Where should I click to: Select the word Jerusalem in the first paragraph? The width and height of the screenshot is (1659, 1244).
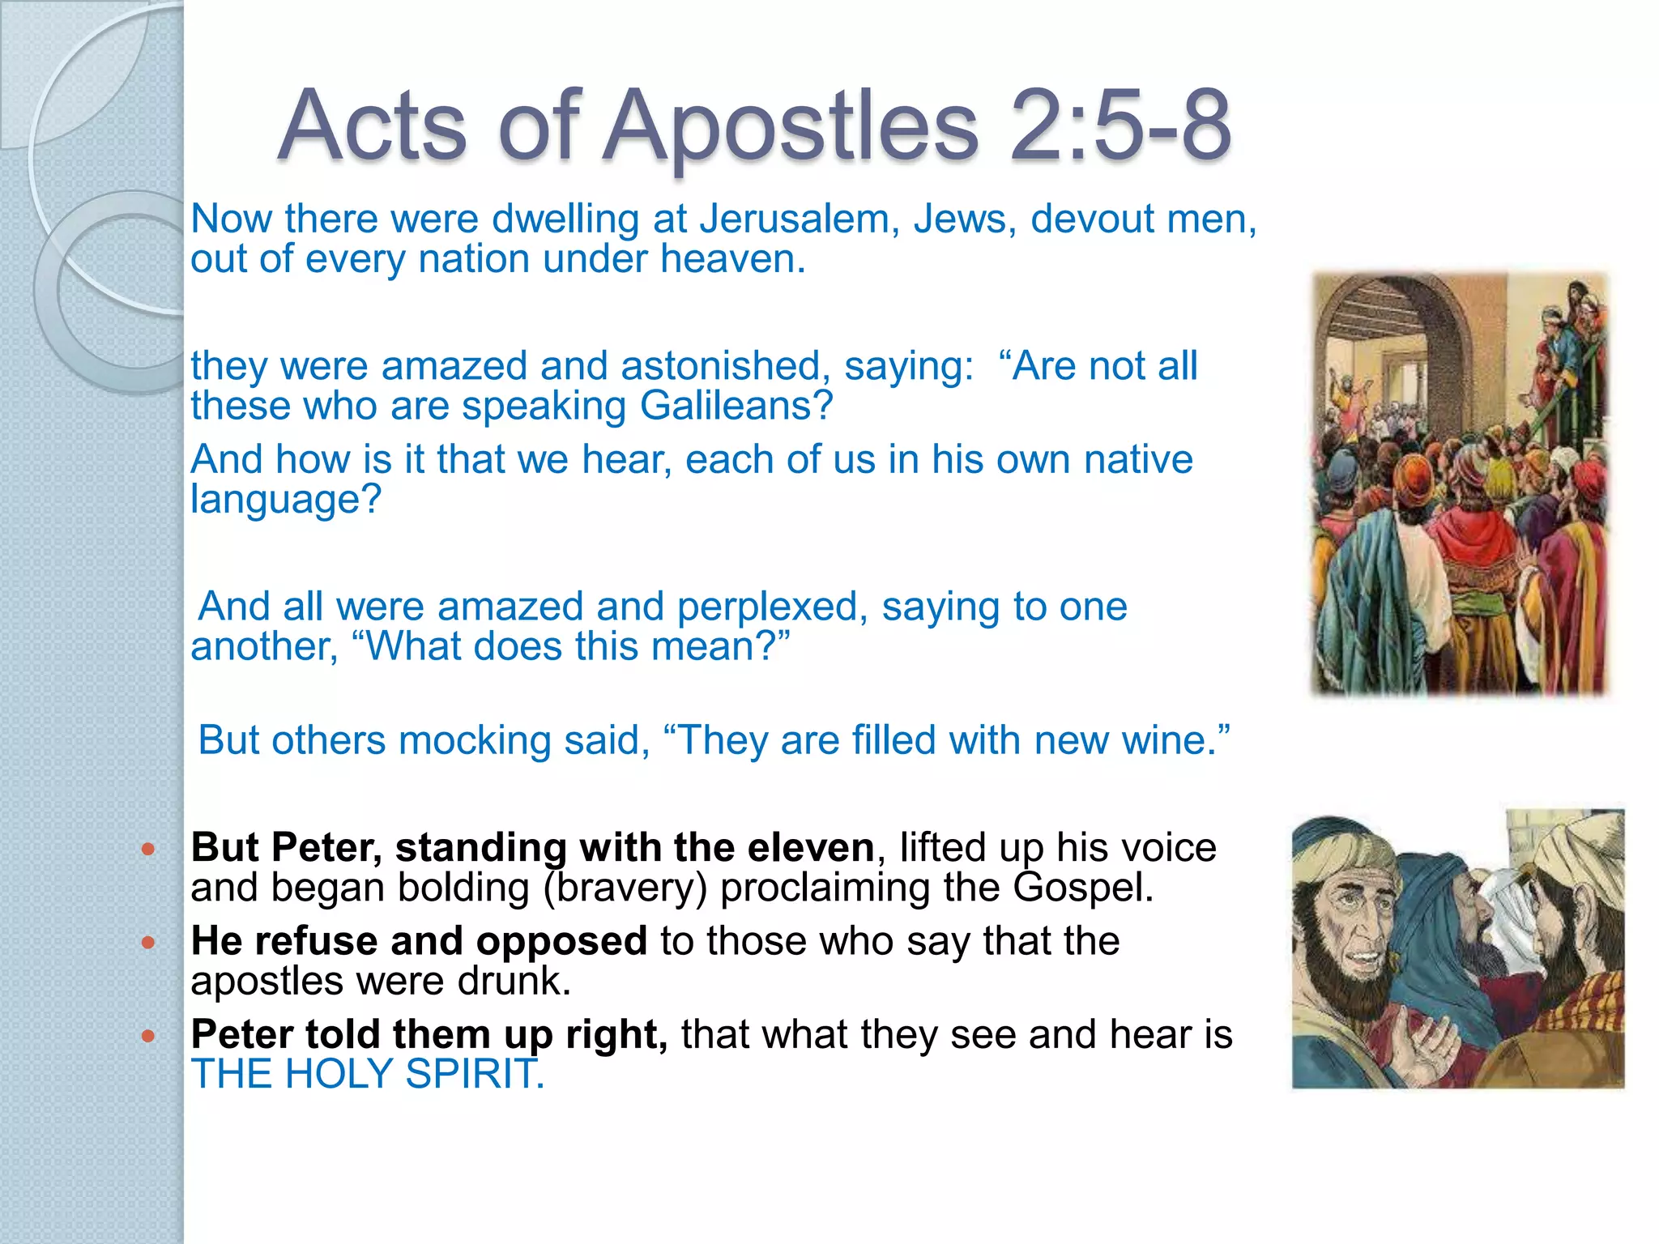coord(799,219)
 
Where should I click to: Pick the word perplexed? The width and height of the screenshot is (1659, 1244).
coord(767,607)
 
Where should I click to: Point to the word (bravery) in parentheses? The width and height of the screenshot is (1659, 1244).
coord(625,888)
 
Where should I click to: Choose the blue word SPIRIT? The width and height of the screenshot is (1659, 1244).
coord(473,1075)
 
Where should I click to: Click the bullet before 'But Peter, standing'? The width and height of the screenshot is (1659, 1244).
coord(147,850)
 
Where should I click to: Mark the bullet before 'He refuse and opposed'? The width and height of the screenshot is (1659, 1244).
coord(147,943)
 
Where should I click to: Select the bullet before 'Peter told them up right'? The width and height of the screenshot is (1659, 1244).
coord(147,1036)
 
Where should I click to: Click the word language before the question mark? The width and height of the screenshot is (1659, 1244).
coord(275,500)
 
